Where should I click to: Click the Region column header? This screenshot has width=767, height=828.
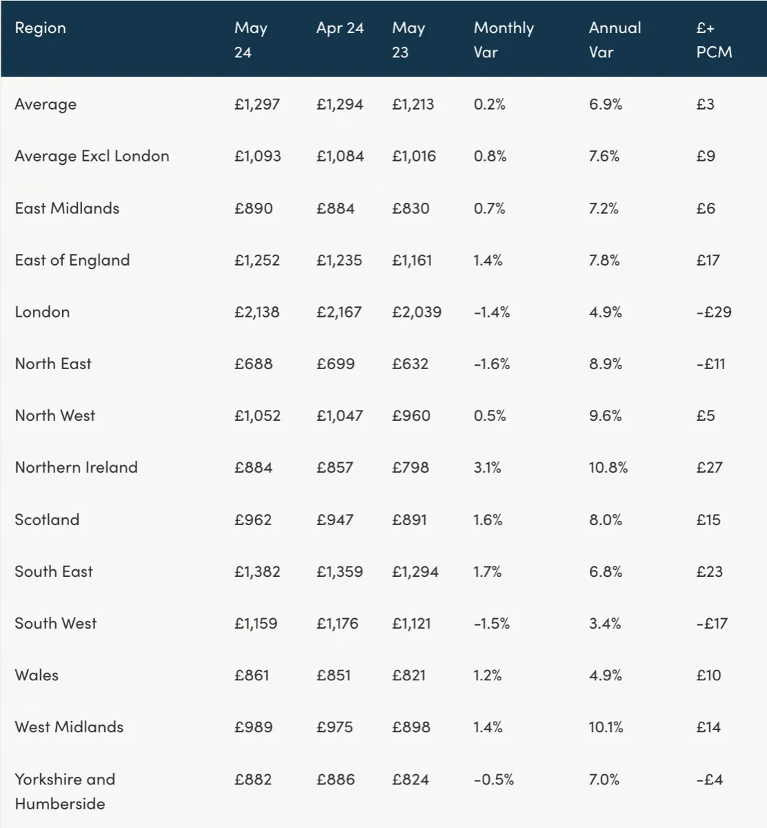pyautogui.click(x=41, y=28)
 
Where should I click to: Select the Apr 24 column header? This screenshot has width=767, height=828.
pyautogui.click(x=340, y=28)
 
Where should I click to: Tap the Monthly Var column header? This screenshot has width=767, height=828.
pyautogui.click(x=504, y=40)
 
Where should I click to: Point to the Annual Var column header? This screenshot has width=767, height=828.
pyautogui.click(x=615, y=40)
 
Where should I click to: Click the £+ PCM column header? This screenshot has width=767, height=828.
pyautogui.click(x=714, y=40)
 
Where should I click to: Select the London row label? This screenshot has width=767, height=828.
pyautogui.click(x=42, y=312)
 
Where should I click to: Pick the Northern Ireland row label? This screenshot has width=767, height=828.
pyautogui.click(x=77, y=467)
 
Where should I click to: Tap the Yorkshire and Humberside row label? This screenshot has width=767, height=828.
pyautogui.click(x=65, y=791)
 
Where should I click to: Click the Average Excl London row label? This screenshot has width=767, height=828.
pyautogui.click(x=92, y=157)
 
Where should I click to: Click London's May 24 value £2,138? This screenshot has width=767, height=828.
pyautogui.click(x=257, y=312)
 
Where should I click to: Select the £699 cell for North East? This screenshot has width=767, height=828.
pyautogui.click(x=335, y=364)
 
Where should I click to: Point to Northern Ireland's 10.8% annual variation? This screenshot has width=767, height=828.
pyautogui.click(x=608, y=467)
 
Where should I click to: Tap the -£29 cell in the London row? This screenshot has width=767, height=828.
pyautogui.click(x=714, y=312)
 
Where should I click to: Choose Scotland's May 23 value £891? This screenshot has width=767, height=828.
pyautogui.click(x=409, y=520)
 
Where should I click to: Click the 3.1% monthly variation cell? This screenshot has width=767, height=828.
pyautogui.click(x=487, y=467)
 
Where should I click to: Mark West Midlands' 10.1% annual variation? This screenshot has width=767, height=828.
pyautogui.click(x=606, y=727)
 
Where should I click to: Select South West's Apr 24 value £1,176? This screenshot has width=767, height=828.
pyautogui.click(x=337, y=623)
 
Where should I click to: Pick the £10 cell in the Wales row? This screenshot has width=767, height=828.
pyautogui.click(x=708, y=675)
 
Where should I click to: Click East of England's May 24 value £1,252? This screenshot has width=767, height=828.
pyautogui.click(x=257, y=260)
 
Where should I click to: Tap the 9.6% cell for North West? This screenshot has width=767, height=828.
pyautogui.click(x=606, y=415)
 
